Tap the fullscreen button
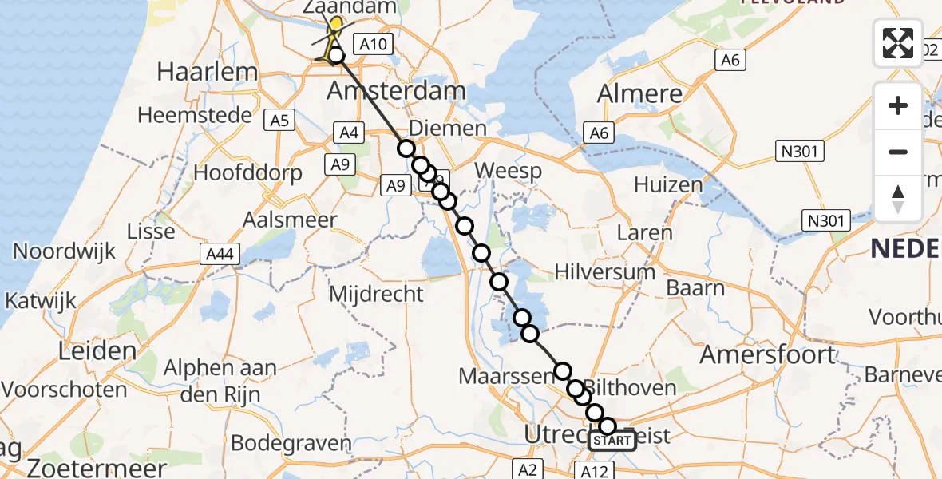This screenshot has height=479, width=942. pos(898,43)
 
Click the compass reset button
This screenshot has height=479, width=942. pos(898,199)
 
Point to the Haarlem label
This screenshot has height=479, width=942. pos(208,72)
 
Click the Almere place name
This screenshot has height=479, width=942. pos(639,93)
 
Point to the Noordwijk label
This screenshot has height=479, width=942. pos(64,251)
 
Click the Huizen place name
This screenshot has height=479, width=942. pos(667,184)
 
